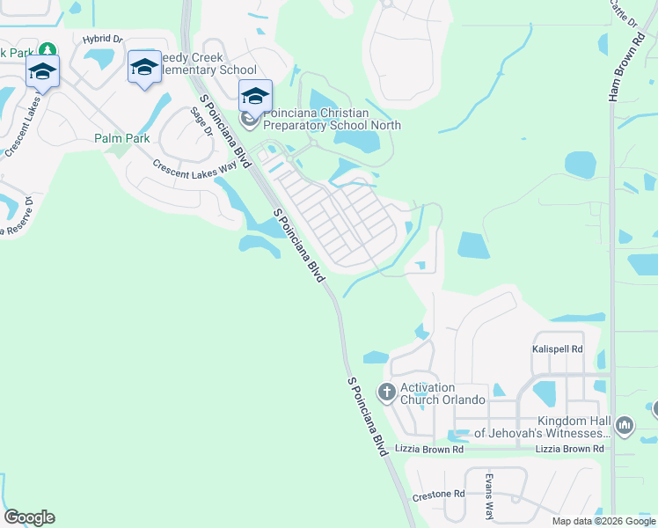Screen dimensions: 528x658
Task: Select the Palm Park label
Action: (122, 138)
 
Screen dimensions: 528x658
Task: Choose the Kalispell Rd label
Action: (558, 349)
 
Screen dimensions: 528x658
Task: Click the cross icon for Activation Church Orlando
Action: (386, 391)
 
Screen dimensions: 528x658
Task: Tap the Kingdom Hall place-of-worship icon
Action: (625, 426)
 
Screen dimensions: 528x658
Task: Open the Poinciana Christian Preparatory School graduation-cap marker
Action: (255, 95)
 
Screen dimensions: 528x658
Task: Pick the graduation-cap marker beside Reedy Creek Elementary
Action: (144, 67)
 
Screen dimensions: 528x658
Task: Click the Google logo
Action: (29, 517)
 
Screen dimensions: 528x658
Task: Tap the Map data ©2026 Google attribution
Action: (603, 521)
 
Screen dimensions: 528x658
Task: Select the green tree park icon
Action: (46, 51)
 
